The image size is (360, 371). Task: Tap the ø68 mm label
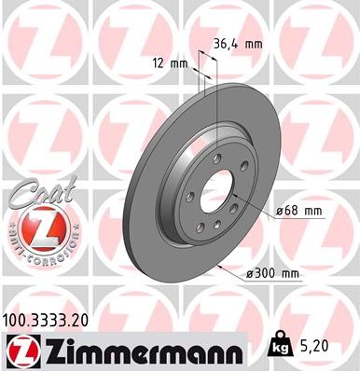tap(300, 212)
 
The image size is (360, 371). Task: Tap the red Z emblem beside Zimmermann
tap(22, 350)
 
